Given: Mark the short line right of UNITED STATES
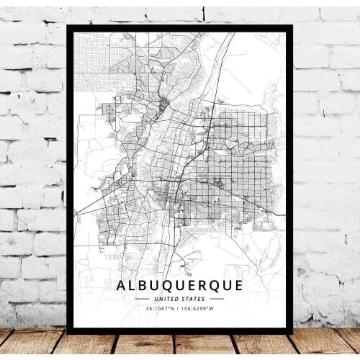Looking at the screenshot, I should [x=216, y=299].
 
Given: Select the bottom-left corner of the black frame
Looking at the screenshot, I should [x=68, y=332].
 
